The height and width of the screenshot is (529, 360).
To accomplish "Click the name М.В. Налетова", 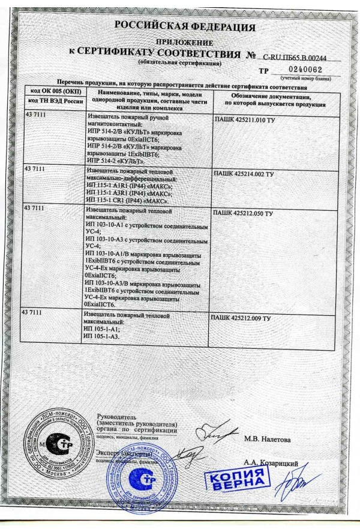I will coord(267,440).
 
